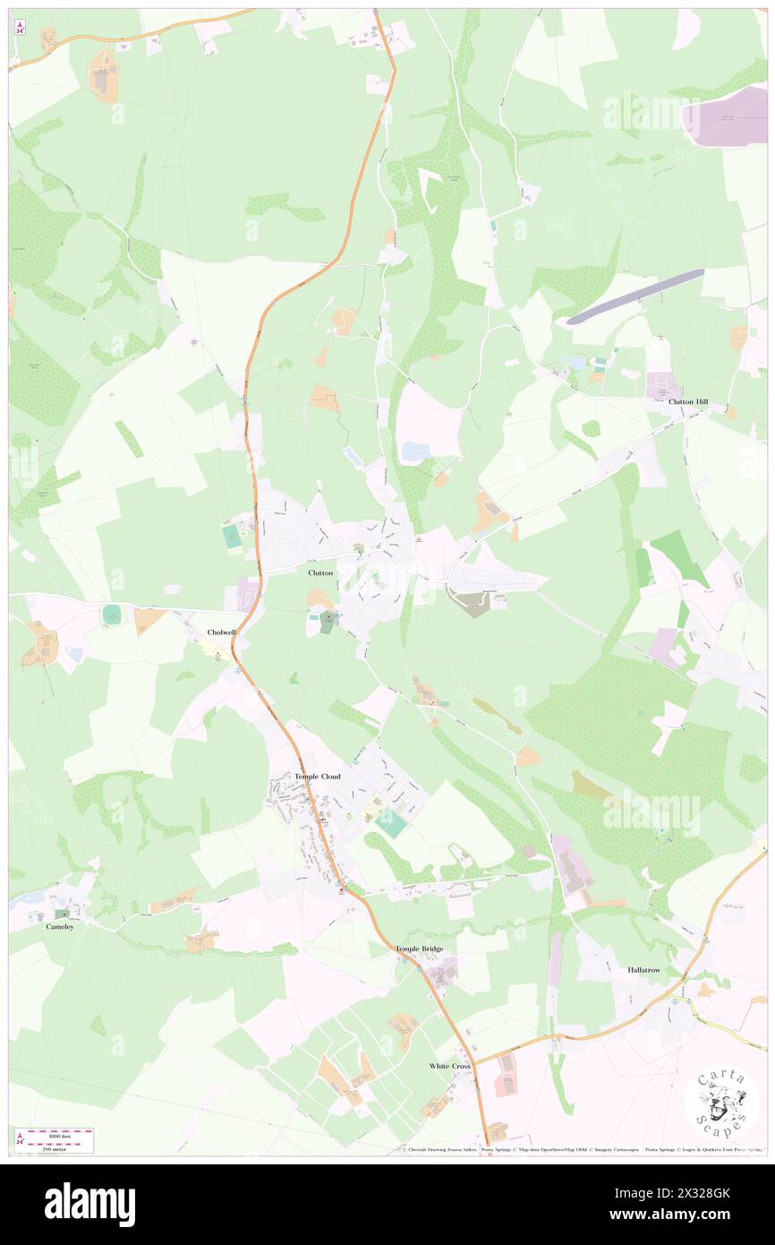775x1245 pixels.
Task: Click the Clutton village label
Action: coord(320,572)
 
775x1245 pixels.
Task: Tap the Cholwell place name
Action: coord(221,631)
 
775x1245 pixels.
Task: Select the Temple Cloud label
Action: coord(318,776)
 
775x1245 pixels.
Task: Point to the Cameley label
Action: coord(60,926)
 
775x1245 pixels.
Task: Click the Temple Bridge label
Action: coord(419,948)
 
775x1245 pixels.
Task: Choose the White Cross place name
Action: coord(449,1066)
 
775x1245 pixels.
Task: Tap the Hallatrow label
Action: coord(643,970)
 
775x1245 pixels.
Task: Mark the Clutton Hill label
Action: coord(688,402)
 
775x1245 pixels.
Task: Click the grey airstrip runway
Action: coord(635,296)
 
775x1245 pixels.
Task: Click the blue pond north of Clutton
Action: coord(414,451)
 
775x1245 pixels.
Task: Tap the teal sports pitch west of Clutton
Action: coord(232,537)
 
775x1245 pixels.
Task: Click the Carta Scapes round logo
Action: coord(720,1103)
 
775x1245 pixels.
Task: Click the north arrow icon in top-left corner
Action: coord(21,27)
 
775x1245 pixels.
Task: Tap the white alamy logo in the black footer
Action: coord(89,1204)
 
